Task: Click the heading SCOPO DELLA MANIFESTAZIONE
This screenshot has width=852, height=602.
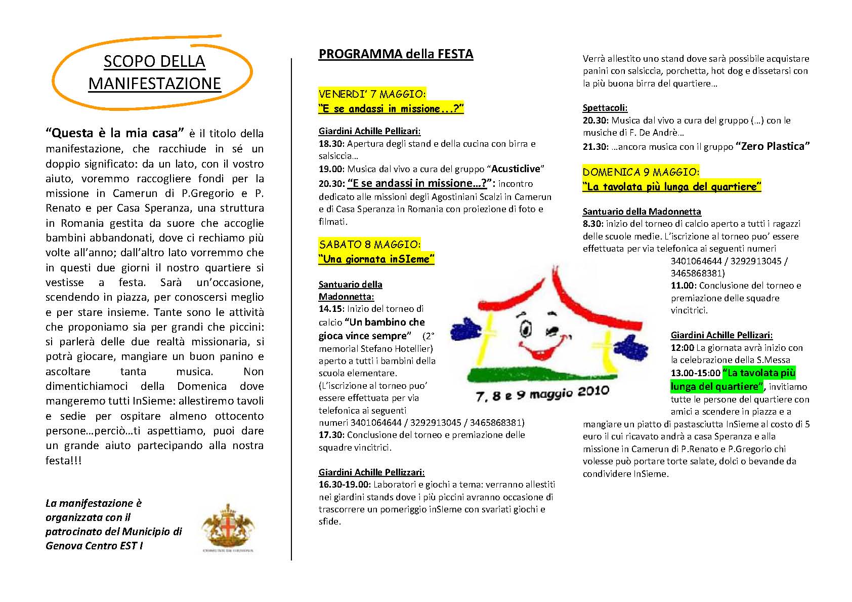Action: tap(154, 72)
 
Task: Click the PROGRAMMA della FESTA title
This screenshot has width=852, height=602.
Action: tap(396, 54)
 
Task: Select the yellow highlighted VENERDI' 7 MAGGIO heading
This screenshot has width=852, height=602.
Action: tap(372, 94)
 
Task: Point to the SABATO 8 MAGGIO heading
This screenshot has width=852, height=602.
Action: tap(369, 244)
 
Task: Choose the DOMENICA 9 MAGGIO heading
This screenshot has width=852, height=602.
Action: tap(641, 172)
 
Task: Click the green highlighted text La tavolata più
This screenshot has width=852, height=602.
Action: tap(758, 373)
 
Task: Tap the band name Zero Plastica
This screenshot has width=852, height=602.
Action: tap(773, 146)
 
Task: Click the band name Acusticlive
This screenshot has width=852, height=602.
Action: tap(516, 169)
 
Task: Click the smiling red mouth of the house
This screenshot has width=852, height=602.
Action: tap(541, 349)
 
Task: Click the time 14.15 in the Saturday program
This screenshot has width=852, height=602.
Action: tap(329, 309)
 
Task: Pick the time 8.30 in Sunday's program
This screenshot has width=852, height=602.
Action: tap(592, 224)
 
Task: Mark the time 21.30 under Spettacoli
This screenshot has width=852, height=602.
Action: tap(594, 147)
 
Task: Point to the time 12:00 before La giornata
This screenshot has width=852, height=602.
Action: tap(682, 348)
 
